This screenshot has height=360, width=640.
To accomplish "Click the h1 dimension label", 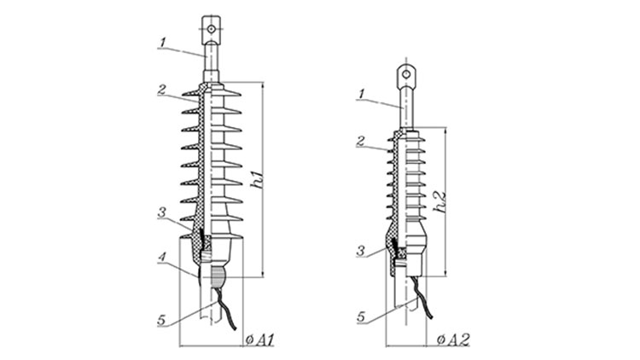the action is click(258, 179).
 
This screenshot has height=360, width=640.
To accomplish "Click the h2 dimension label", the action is click(440, 202).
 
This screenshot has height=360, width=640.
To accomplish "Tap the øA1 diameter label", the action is click(260, 340).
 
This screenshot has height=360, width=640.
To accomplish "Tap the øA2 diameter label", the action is click(453, 340).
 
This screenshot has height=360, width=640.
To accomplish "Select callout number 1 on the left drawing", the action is click(163, 42).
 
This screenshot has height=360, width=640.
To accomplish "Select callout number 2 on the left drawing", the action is click(162, 90).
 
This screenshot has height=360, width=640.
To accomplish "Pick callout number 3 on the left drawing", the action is click(162, 212).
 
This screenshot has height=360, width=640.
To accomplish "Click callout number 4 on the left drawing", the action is click(162, 258).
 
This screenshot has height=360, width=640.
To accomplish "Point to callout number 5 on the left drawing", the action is click(161, 321).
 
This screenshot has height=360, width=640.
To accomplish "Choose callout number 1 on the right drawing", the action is click(361, 94).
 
